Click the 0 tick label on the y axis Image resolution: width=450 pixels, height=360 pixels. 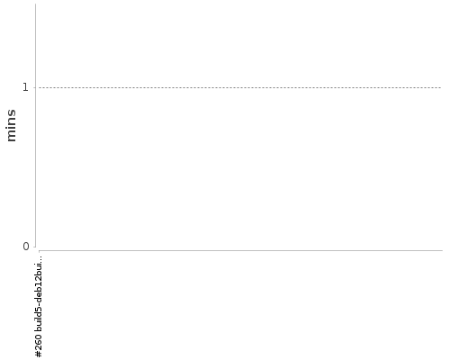coord(26,247)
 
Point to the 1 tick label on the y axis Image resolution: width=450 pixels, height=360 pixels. coord(26,87)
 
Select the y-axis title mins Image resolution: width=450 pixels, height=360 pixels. coord(11,125)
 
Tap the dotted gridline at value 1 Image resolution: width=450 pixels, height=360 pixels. coord(240,88)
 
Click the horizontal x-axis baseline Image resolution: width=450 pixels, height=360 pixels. coord(240,250)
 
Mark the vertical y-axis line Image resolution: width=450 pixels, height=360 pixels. coord(36,125)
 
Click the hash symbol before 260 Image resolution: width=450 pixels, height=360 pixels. coord(39,354)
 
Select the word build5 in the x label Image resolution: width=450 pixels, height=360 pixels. coord(39,319)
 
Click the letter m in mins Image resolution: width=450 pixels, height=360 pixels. coord(12,137)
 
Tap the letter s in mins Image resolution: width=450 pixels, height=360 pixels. coord(12,112)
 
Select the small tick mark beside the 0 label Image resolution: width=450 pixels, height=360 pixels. coord(37,247)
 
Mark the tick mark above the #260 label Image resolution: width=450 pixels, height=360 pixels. coord(39,251)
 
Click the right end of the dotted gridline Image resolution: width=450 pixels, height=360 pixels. coord(441,88)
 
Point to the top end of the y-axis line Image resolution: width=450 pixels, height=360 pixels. coord(36,4)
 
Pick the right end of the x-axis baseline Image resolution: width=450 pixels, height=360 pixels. coord(442,250)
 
